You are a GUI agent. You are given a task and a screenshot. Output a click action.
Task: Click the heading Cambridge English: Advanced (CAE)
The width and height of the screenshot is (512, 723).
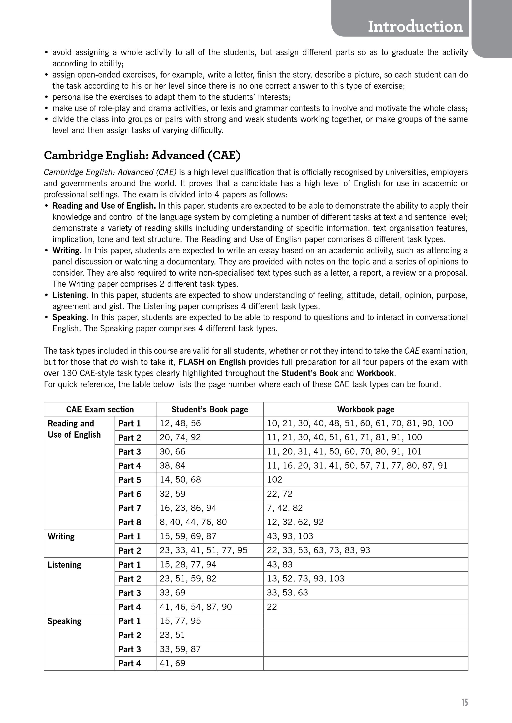click(142, 155)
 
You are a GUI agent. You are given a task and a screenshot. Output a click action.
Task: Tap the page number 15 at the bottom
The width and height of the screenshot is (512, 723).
click(464, 702)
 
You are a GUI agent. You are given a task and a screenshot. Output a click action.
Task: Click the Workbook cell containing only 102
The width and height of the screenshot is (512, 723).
click(274, 480)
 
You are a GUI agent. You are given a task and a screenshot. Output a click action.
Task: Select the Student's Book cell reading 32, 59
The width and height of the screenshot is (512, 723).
click(172, 494)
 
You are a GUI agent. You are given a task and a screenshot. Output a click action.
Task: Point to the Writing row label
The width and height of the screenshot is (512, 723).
click(61, 536)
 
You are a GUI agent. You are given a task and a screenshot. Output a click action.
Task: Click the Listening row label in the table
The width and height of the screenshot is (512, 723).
click(64, 565)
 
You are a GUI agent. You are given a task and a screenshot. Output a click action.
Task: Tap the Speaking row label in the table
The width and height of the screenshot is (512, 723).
click(64, 621)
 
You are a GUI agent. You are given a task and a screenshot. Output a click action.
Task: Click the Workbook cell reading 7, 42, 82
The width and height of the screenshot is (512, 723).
click(285, 508)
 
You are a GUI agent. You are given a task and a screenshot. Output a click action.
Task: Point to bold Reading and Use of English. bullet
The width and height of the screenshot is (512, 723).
click(104, 206)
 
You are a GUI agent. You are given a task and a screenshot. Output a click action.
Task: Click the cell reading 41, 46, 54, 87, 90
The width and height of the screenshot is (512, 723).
click(196, 607)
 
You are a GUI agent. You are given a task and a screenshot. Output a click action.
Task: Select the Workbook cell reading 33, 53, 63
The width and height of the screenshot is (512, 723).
click(287, 593)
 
